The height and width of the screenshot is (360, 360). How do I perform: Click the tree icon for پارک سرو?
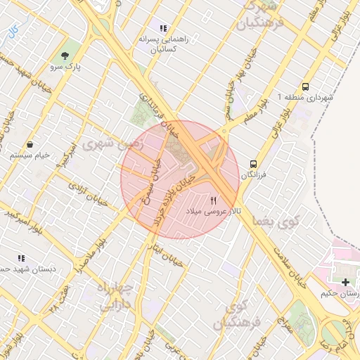coord(66,56)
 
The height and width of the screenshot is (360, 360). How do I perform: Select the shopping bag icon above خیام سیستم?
coord(30,144)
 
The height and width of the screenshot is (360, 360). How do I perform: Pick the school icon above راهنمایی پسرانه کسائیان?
coord(163,29)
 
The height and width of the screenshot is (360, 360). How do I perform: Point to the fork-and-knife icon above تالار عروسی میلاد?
coord(214,200)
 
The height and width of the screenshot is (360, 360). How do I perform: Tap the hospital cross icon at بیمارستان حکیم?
coord(345,282)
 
